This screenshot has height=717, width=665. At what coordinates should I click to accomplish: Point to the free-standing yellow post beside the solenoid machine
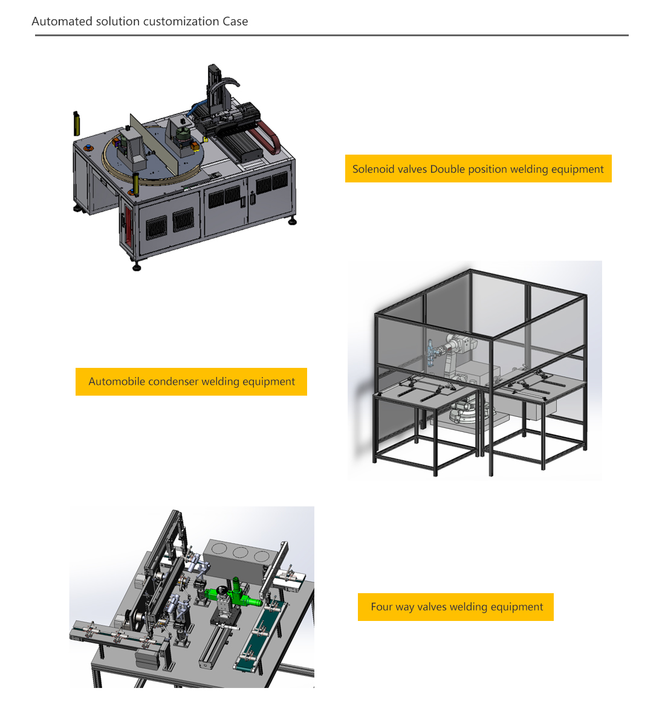(x=77, y=123)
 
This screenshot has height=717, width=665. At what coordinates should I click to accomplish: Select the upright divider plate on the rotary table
(x=154, y=143)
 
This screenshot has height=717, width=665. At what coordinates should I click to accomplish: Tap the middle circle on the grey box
(x=240, y=552)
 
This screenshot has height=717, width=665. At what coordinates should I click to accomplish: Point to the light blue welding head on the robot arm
(x=430, y=353)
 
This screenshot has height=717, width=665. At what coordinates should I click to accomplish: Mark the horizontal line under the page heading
(x=332, y=35)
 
